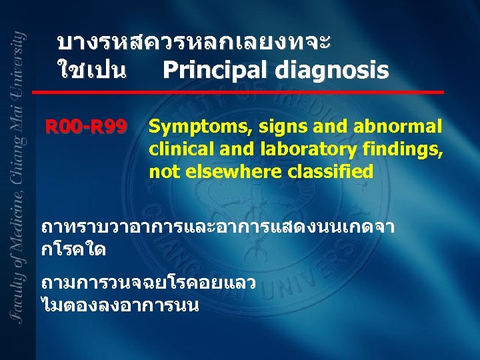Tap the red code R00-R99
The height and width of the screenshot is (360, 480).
85,127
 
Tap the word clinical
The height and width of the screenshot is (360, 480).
177,149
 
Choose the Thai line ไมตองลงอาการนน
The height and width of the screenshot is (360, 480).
120,306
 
